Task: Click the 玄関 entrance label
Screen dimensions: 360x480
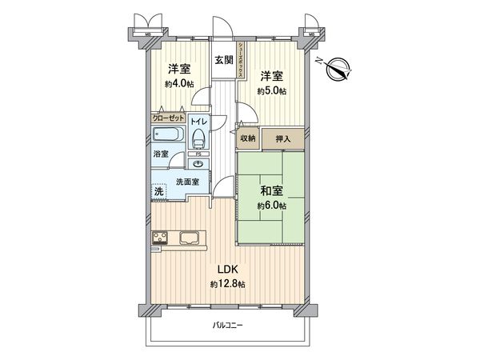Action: pyautogui.click(x=222, y=58)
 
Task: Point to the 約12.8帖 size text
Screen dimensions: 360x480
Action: pyautogui.click(x=226, y=284)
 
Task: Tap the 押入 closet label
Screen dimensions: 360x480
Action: pyautogui.click(x=283, y=138)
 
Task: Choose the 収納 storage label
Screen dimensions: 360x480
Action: pyautogui.click(x=248, y=138)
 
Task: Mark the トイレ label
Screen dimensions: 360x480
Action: pyautogui.click(x=198, y=121)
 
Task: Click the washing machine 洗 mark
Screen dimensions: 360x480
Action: pyautogui.click(x=158, y=190)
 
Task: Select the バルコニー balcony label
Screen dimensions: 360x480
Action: pyautogui.click(x=227, y=326)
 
